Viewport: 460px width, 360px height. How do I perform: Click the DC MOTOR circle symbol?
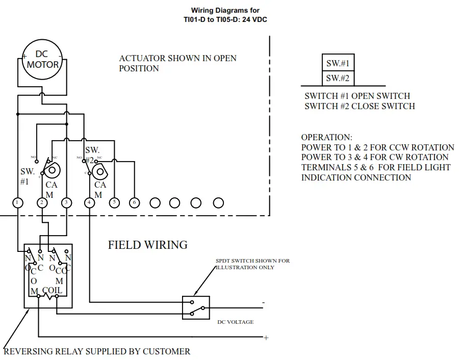pyautogui.click(x=42, y=60)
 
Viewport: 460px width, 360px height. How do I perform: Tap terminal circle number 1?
pyautogui.click(x=18, y=203)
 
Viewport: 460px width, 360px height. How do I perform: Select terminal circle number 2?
pyautogui.click(x=42, y=203)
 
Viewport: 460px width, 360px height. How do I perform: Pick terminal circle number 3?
pyautogui.click(x=66, y=203)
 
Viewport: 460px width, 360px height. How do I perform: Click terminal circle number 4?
pyautogui.click(x=90, y=203)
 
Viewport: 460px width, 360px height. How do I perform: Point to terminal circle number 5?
pyautogui.click(x=114, y=203)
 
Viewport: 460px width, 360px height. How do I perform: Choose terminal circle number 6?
pyautogui.click(x=134, y=203)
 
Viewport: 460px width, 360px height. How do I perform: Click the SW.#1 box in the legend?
pyautogui.click(x=338, y=63)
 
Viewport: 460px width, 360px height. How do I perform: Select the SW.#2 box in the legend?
pyautogui.click(x=338, y=78)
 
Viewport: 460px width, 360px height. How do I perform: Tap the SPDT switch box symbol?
pyautogui.click(x=196, y=307)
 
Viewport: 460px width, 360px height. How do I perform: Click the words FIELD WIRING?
pyautogui.click(x=147, y=245)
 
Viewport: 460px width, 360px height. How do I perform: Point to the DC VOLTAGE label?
pyautogui.click(x=235, y=322)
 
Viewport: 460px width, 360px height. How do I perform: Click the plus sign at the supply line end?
pyautogui.click(x=266, y=338)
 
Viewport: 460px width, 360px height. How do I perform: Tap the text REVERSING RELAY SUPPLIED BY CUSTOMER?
pyautogui.click(x=97, y=351)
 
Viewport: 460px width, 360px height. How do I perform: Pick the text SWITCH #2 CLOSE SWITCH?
pyautogui.click(x=360, y=106)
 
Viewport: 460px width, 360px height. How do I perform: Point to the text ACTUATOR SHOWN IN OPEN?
pyautogui.click(x=177, y=58)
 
